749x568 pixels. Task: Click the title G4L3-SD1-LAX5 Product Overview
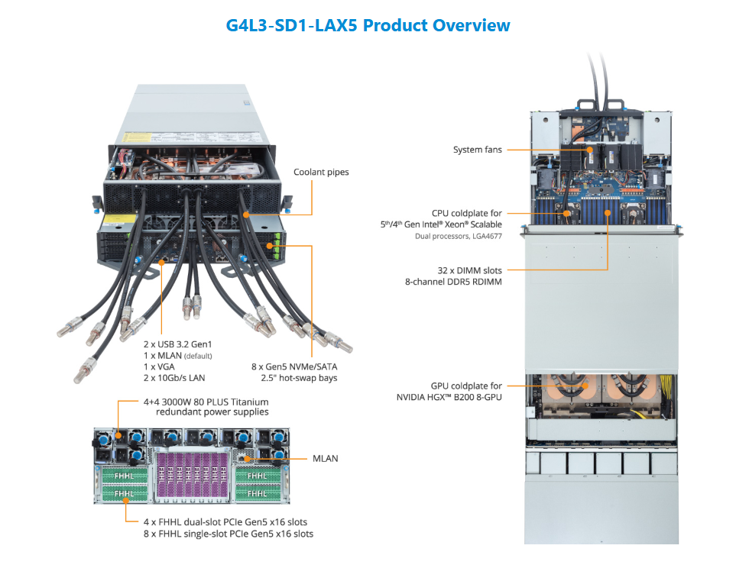tap(368, 25)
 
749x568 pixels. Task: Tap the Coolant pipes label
tap(321, 173)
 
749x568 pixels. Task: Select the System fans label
tap(478, 150)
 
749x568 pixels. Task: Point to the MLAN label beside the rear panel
tap(325, 458)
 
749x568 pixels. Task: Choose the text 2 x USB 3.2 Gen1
tap(184, 344)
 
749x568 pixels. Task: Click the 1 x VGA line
tap(159, 366)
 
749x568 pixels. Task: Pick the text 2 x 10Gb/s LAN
tap(174, 377)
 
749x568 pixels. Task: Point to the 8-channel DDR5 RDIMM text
tap(453, 282)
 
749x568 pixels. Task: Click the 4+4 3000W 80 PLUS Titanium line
tap(206, 401)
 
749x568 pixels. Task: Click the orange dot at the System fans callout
tap(589, 150)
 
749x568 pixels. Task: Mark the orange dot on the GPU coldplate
tap(585, 386)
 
